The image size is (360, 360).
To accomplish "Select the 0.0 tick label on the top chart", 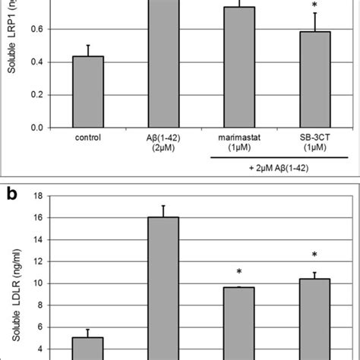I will coord(36,128).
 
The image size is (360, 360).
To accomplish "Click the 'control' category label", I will coord(88,138).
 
